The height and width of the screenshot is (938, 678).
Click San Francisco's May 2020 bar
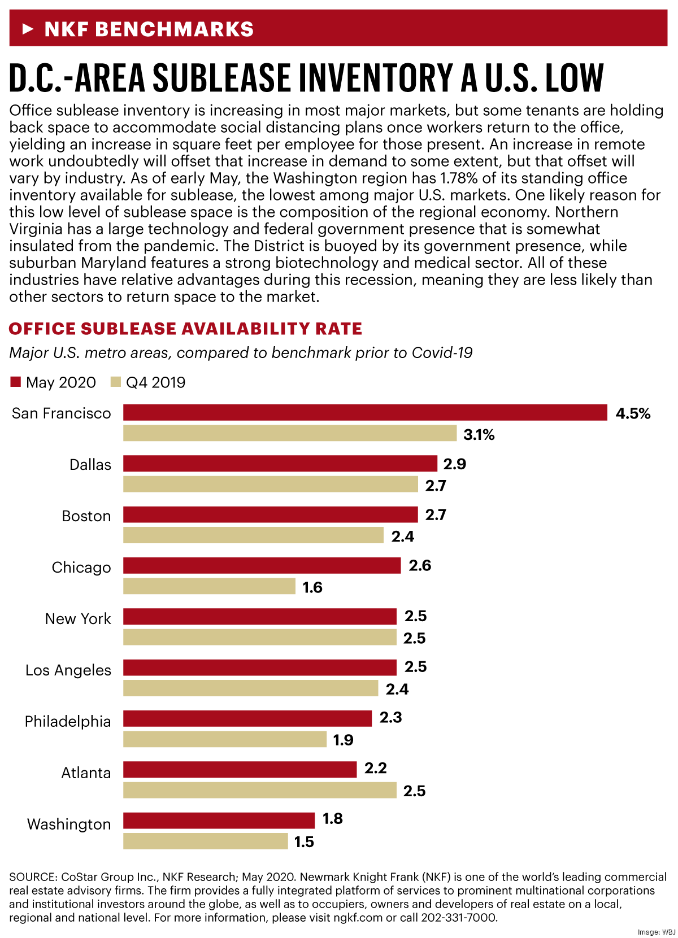[x=365, y=413]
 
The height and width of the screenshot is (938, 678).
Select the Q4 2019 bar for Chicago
[x=209, y=587]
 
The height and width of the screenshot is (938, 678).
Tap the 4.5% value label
[x=633, y=414]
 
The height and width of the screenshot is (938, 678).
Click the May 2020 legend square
[x=15, y=382]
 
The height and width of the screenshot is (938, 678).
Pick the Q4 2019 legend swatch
[x=116, y=382]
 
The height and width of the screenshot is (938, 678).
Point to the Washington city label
[x=69, y=824]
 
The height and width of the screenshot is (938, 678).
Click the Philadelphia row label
[x=68, y=722]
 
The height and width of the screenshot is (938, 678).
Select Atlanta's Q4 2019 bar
[x=260, y=791]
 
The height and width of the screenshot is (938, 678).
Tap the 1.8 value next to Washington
[x=332, y=819]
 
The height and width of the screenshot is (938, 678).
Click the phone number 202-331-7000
[x=459, y=918]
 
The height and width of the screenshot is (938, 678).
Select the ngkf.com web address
[x=359, y=918]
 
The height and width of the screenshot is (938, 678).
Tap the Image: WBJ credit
[x=656, y=932]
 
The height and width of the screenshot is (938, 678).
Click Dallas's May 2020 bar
[x=280, y=464]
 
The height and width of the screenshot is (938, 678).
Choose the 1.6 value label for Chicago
[x=312, y=587]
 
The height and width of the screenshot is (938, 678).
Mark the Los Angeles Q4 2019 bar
[x=250, y=688]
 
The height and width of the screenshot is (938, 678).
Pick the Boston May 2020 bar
[x=270, y=514]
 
